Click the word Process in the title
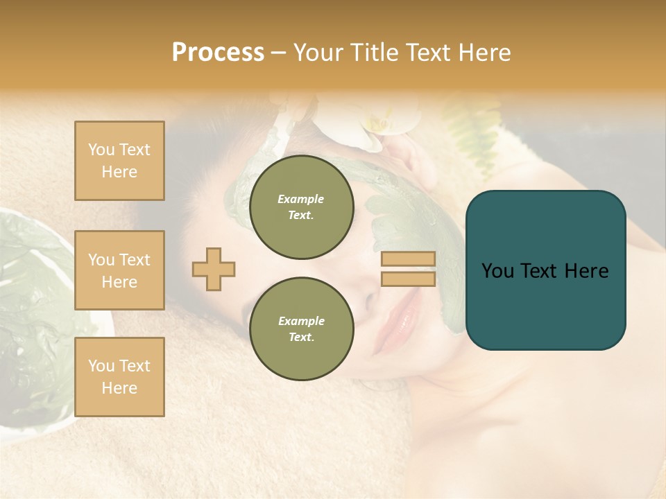(218, 53)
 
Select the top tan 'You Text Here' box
(119, 161)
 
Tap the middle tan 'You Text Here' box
(119, 270)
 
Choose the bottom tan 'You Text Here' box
(119, 377)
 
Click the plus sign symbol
(213, 269)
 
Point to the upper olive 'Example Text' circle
(302, 207)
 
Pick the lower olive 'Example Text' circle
(302, 329)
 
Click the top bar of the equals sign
(408, 259)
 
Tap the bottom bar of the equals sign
(408, 279)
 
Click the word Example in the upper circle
(301, 199)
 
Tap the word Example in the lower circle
(301, 321)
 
